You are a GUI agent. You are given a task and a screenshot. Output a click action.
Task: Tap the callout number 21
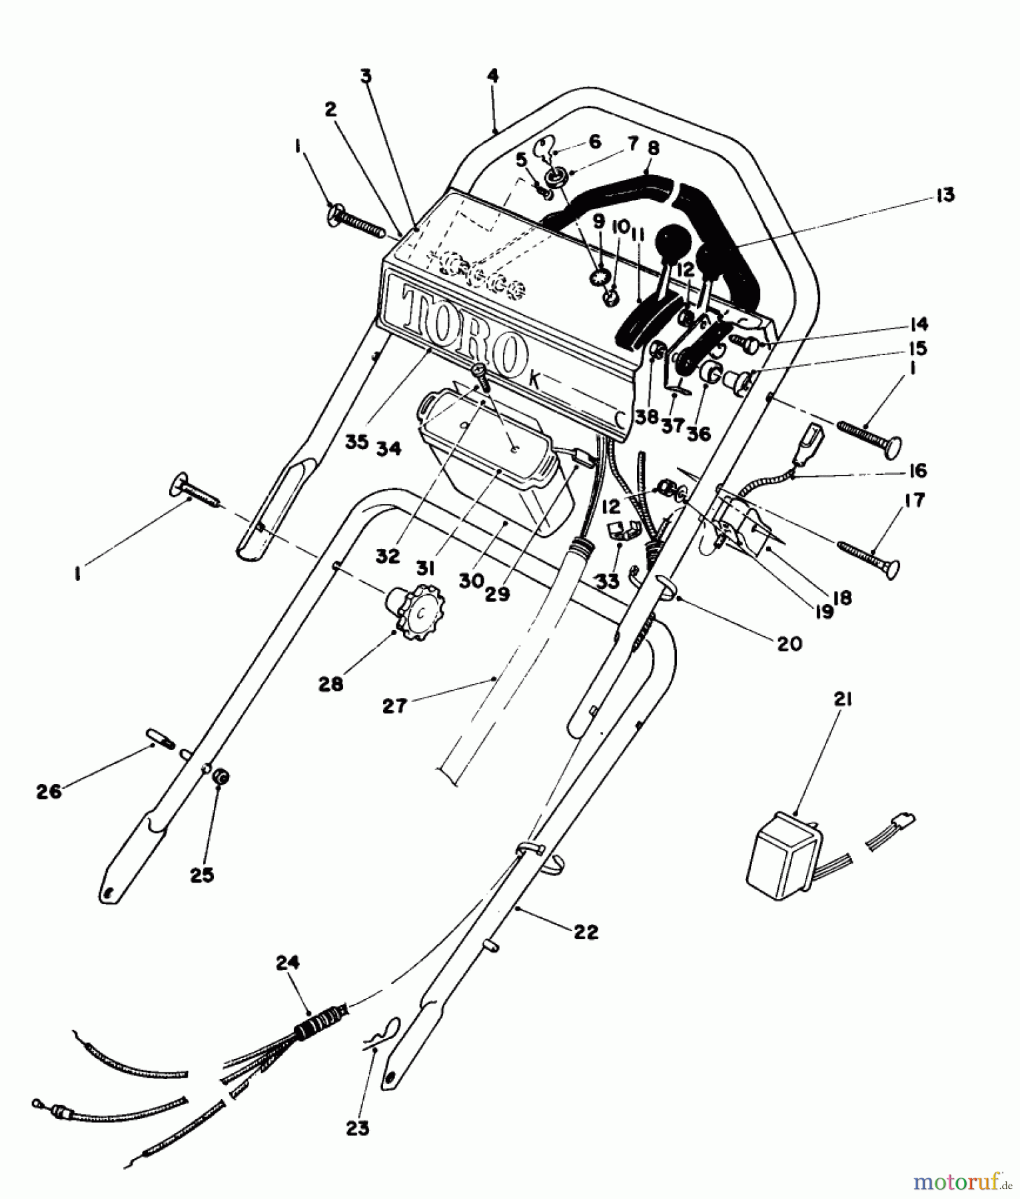click(842, 699)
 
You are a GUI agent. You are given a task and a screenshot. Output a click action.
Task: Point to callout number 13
click(945, 195)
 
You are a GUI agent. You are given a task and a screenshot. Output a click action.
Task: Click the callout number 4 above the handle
click(492, 76)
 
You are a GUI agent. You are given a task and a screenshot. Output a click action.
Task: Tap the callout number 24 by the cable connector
click(288, 963)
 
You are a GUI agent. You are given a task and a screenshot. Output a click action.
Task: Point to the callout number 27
click(395, 705)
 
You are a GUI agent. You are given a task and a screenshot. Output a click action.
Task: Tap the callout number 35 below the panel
click(357, 442)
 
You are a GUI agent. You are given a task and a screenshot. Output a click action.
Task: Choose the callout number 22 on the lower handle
click(586, 932)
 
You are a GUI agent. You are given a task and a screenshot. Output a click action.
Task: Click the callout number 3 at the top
click(366, 77)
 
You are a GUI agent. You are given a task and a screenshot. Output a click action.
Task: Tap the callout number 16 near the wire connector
click(917, 470)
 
